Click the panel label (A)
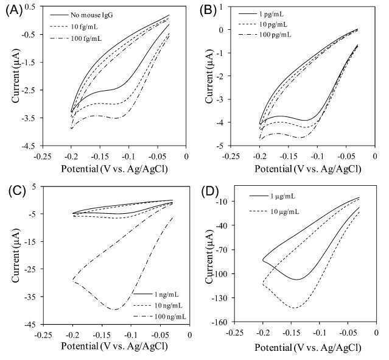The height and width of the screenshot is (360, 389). point(13,11)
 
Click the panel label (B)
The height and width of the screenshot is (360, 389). point(208,11)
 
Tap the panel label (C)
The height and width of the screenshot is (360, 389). point(16,191)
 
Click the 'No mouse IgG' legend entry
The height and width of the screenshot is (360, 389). point(82,15)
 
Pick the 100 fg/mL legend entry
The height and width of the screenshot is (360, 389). point(76,38)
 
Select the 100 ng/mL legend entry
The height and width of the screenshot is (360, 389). point(159,317)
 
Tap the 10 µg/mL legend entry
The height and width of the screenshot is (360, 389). point(274,211)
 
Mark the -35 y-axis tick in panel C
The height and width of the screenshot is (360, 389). point(32,297)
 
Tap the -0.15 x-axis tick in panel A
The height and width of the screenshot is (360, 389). point(100,157)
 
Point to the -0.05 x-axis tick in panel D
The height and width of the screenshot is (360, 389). point(348,333)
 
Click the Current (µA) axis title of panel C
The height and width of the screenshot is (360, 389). point(15,255)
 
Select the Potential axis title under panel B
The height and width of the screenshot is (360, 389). point(307,169)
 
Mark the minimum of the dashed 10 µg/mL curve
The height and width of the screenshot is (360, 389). point(294,308)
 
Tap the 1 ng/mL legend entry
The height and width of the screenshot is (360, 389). point(156,294)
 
